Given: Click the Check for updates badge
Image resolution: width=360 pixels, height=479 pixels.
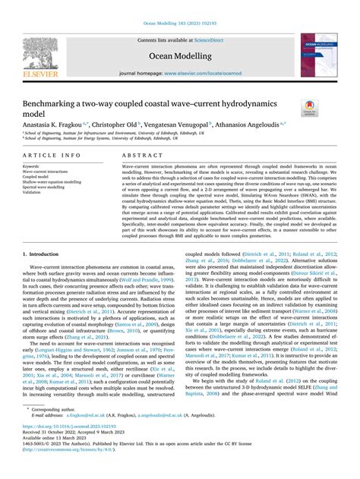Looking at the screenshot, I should click(311, 107).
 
